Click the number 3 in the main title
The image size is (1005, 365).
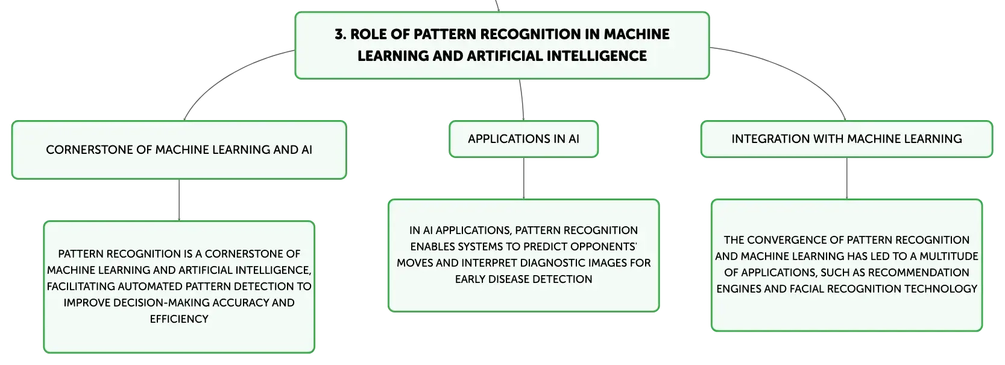click(x=340, y=34)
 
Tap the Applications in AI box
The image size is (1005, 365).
click(x=523, y=139)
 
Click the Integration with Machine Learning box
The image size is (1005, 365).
click(x=846, y=139)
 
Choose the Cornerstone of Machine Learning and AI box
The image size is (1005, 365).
click(x=179, y=150)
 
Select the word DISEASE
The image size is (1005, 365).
click(x=508, y=279)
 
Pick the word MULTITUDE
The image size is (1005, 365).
click(x=949, y=256)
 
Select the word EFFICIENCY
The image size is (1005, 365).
click(x=179, y=319)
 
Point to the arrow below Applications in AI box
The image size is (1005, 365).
click(x=523, y=178)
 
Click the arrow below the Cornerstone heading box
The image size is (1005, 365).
click(x=179, y=200)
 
